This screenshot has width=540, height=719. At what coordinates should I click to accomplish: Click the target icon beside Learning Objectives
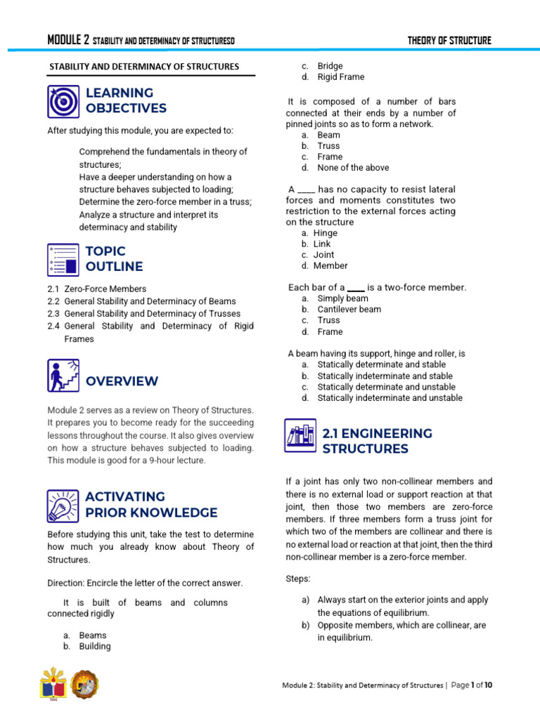click(x=63, y=101)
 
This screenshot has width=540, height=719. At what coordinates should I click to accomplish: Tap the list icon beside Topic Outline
click(x=63, y=259)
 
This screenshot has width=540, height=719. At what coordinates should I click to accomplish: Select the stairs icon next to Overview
click(x=63, y=376)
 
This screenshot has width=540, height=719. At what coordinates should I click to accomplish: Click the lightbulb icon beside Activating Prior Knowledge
click(x=63, y=505)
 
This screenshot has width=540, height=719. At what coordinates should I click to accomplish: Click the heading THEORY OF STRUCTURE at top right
click(x=449, y=41)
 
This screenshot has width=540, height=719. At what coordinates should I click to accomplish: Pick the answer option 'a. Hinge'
click(x=320, y=233)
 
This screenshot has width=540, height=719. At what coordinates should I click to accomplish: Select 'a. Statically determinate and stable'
click(x=374, y=365)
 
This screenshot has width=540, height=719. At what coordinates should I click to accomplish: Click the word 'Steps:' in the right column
click(x=298, y=579)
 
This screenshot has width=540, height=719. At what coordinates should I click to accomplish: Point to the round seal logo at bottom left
click(x=86, y=684)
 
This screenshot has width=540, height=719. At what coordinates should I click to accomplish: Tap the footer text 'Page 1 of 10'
click(x=477, y=685)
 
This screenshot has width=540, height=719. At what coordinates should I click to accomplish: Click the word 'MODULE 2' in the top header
click(x=68, y=41)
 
